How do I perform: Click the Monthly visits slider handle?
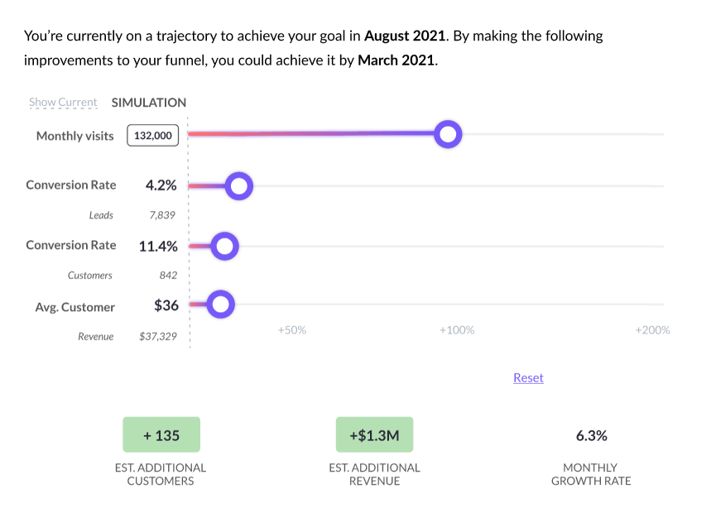pyautogui.click(x=448, y=134)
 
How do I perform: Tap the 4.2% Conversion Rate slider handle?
pyautogui.click(x=239, y=186)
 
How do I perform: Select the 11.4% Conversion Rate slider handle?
pyautogui.click(x=224, y=246)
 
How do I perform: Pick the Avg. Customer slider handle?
pyautogui.click(x=220, y=305)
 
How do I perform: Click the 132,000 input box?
pyautogui.click(x=153, y=136)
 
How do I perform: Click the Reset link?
pyautogui.click(x=528, y=377)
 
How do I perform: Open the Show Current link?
pyautogui.click(x=63, y=103)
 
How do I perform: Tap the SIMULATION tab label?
pyautogui.click(x=149, y=103)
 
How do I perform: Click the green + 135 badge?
pyautogui.click(x=161, y=435)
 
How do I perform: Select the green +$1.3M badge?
pyautogui.click(x=374, y=435)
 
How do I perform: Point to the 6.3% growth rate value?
pyautogui.click(x=591, y=435)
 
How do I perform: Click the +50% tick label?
pyautogui.click(x=291, y=330)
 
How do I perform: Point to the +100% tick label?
pyautogui.click(x=456, y=330)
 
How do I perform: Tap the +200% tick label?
pyautogui.click(x=652, y=330)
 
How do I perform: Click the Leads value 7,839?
pyautogui.click(x=163, y=215)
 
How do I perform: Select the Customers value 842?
pyautogui.click(x=168, y=275)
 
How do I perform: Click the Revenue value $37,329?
pyautogui.click(x=158, y=336)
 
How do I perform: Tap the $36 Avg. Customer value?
pyautogui.click(x=166, y=305)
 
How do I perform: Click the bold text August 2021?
pyautogui.click(x=406, y=36)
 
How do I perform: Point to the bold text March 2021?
pyautogui.click(x=396, y=61)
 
